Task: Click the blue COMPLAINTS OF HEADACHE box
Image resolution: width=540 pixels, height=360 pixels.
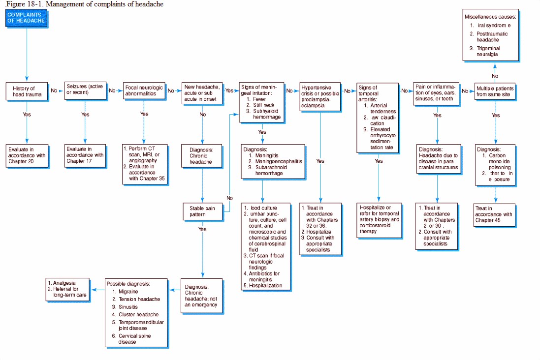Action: (x=26, y=18)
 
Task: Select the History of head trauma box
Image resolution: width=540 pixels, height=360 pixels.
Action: (x=27, y=91)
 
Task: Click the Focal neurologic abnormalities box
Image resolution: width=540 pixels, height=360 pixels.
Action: (x=143, y=90)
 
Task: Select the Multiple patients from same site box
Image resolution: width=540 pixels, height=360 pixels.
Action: (x=495, y=91)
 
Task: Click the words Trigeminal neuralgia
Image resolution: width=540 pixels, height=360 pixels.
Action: (x=488, y=51)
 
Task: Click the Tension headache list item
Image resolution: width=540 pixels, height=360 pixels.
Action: (x=139, y=299)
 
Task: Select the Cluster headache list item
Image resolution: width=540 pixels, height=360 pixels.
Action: (x=138, y=314)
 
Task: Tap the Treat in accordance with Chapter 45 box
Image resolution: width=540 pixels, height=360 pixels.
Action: (x=495, y=214)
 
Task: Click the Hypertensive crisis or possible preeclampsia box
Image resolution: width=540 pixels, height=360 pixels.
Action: (x=320, y=96)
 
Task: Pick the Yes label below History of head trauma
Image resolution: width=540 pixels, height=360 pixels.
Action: (x=27, y=114)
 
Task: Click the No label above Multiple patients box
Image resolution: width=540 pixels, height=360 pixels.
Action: (x=495, y=76)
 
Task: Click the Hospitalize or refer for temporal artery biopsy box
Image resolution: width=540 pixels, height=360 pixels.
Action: (x=379, y=219)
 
